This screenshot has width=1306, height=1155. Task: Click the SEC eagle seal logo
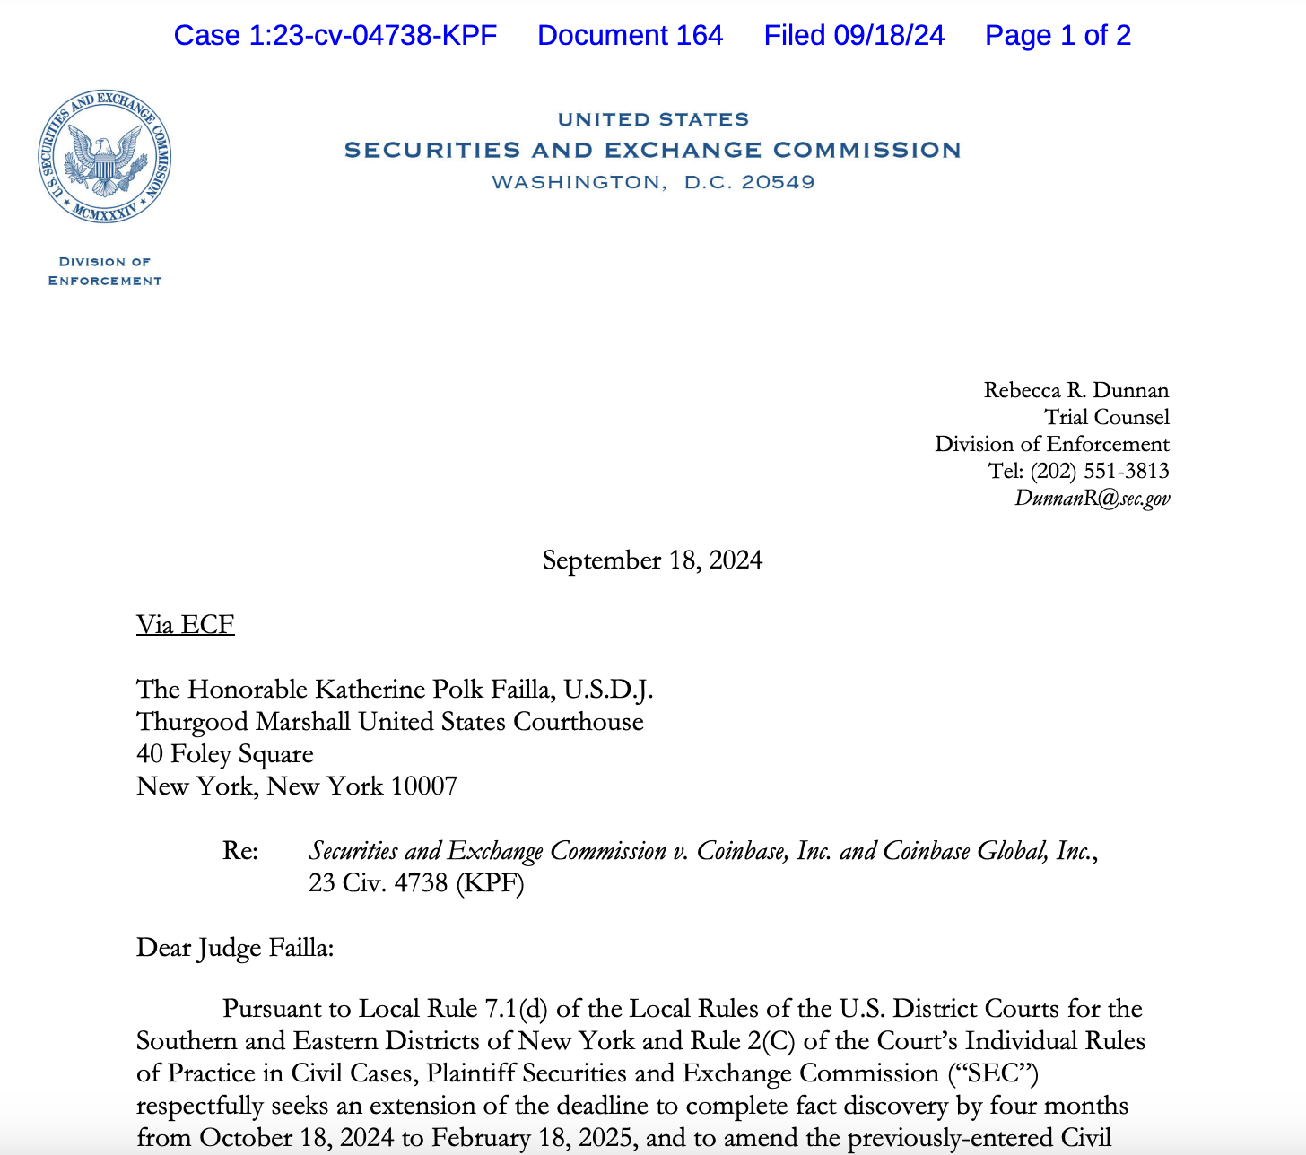(105, 157)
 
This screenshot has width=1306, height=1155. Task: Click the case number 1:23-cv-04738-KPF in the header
(335, 36)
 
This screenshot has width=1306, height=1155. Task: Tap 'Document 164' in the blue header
(630, 36)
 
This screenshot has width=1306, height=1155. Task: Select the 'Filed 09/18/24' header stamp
(854, 36)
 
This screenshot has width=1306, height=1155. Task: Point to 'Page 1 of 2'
(1058, 36)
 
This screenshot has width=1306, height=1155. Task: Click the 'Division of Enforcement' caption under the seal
(105, 271)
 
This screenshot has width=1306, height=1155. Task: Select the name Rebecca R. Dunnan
(1075, 390)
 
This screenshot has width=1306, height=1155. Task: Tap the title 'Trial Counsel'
(1106, 417)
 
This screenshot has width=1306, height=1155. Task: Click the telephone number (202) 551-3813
(1099, 471)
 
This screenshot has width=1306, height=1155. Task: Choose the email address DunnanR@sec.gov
(1092, 499)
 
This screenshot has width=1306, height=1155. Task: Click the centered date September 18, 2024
(652, 560)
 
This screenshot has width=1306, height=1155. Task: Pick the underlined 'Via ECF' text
(185, 624)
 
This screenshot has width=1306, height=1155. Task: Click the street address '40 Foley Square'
(224, 754)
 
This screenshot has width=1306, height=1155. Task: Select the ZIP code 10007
(424, 786)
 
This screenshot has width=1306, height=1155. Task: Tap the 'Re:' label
(240, 850)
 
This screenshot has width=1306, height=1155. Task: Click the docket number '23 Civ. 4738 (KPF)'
(416, 883)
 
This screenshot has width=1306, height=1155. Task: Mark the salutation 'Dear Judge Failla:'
(235, 948)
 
